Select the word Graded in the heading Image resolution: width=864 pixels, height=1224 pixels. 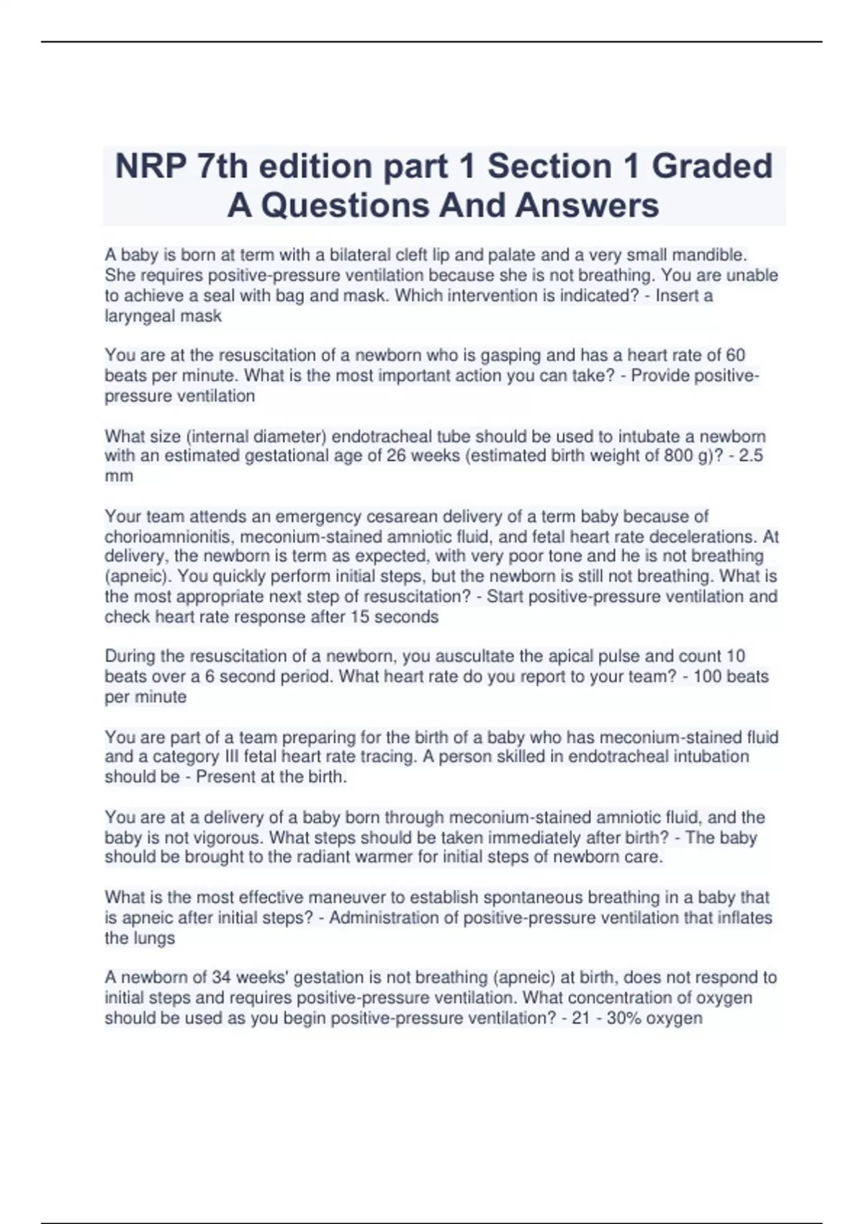tap(712, 166)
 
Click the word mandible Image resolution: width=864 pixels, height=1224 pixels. tap(709, 255)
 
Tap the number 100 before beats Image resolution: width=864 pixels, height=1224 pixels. tap(707, 677)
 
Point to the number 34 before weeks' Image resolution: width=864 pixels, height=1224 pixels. tap(221, 978)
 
